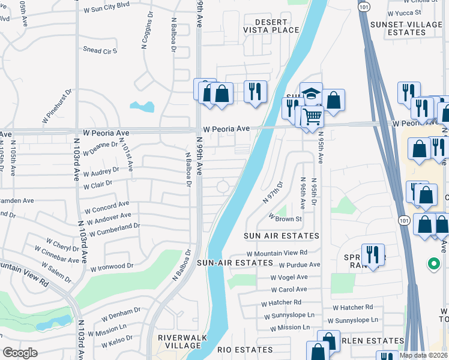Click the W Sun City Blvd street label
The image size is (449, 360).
pos(106,10)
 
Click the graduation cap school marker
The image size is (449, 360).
pos(311,93)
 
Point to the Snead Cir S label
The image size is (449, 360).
pos(100,51)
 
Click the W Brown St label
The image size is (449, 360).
pos(285,218)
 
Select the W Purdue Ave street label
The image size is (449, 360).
pos(299,264)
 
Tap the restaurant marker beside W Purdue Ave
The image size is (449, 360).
pos(373,253)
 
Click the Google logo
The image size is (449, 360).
pos(20,352)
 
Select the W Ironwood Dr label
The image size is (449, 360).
pos(112,266)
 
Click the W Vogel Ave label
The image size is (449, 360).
pos(289,277)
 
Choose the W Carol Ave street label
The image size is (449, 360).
pos(289,289)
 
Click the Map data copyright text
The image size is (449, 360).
pos(423,355)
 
